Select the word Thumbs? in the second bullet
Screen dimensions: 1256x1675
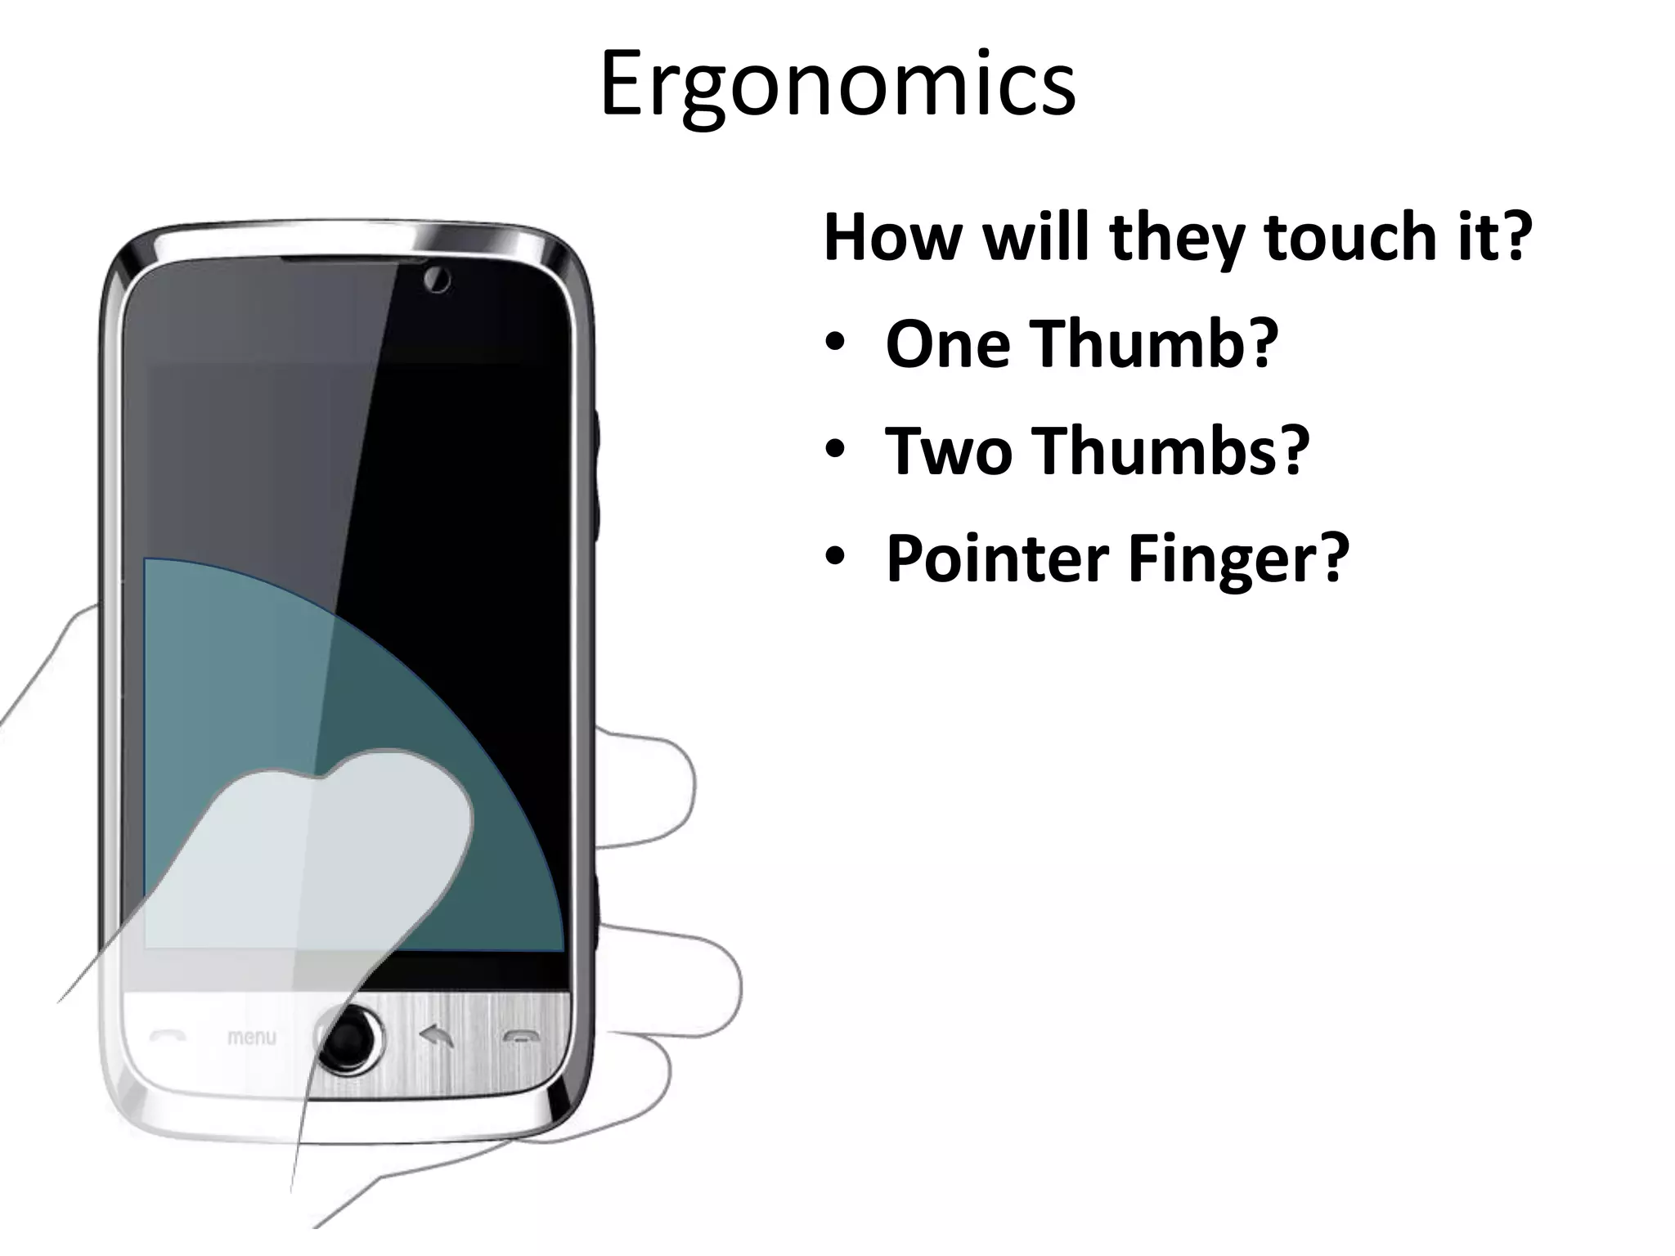click(1170, 451)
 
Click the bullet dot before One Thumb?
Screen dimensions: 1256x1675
click(834, 343)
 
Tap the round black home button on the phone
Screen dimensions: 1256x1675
click(350, 1041)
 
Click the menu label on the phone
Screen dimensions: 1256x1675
click(251, 1037)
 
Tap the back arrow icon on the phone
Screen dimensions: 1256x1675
click(437, 1037)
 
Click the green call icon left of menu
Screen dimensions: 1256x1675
click(168, 1037)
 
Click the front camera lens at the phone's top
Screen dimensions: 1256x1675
click(437, 280)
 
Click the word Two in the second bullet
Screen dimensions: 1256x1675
click(949, 451)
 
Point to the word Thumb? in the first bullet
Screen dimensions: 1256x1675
click(1153, 343)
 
